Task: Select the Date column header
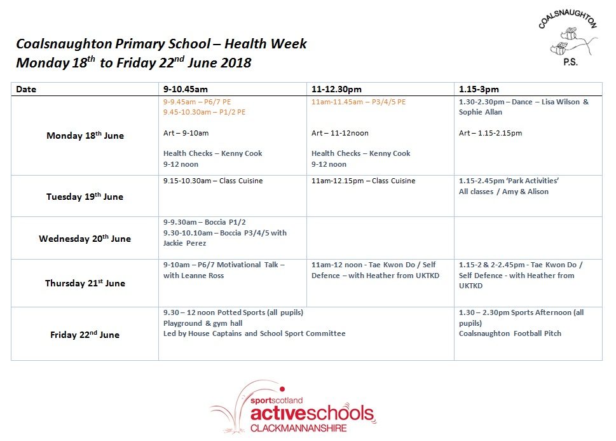point(26,90)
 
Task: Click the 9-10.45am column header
point(185,90)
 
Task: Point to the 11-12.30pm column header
point(336,90)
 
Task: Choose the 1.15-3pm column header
point(479,90)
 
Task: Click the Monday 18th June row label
point(85,136)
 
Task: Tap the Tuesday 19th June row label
point(85,197)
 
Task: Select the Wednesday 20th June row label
point(85,239)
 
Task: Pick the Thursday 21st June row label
point(85,283)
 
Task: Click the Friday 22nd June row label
point(85,335)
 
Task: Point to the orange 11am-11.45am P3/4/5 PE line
point(358,102)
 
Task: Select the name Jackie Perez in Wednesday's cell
point(182,243)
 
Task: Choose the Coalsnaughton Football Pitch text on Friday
point(510,333)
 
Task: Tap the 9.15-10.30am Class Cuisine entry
point(212,181)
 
